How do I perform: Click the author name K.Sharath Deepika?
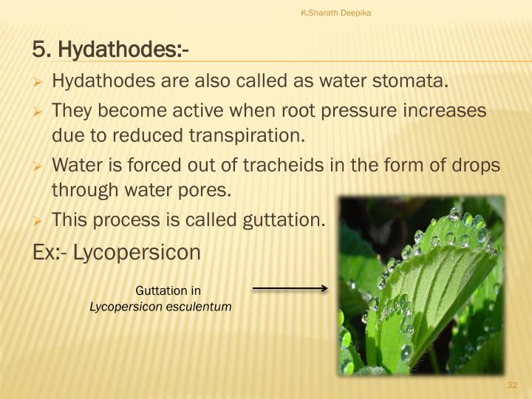[x=335, y=12]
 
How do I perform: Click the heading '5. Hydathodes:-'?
[x=111, y=50]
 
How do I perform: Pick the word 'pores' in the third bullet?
[x=205, y=190]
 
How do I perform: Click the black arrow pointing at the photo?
[x=289, y=289]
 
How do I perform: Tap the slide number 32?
[x=513, y=386]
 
